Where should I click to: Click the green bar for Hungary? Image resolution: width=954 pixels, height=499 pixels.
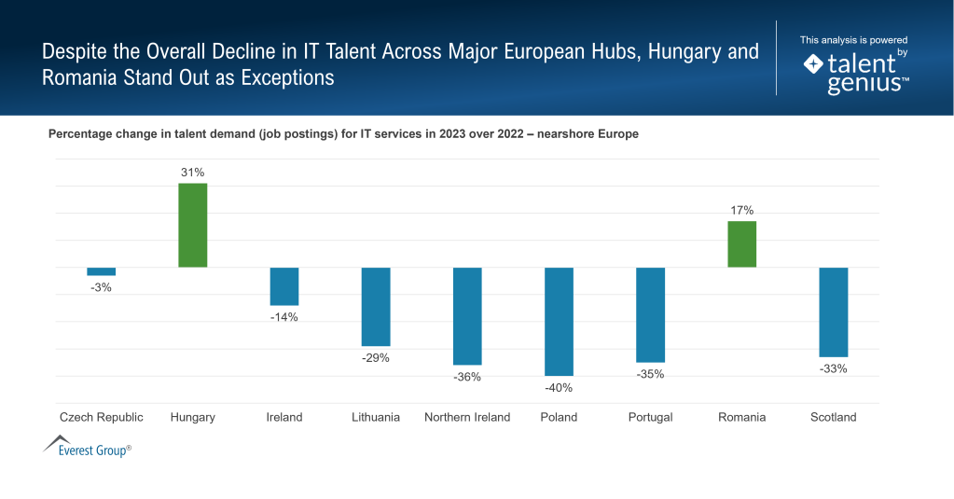[x=193, y=225]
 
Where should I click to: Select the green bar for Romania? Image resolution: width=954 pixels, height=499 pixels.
[x=741, y=243]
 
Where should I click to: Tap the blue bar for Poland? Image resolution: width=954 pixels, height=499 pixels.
[x=559, y=321]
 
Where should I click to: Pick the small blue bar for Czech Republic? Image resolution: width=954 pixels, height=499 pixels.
[x=102, y=271]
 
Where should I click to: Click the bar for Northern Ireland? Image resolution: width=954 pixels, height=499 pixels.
[x=467, y=315]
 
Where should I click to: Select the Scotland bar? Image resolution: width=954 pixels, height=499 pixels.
[x=833, y=312]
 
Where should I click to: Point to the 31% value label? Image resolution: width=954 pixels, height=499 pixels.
[x=193, y=173]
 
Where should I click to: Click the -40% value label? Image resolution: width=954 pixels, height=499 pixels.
[x=559, y=388]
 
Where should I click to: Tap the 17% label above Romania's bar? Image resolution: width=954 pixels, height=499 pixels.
[x=741, y=210]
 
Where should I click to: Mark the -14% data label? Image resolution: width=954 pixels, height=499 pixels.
[x=284, y=317]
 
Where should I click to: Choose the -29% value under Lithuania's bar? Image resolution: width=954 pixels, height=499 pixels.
[x=376, y=358]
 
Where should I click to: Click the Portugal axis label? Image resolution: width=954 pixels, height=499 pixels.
[x=650, y=417]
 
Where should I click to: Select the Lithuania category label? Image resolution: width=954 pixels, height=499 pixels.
[x=376, y=417]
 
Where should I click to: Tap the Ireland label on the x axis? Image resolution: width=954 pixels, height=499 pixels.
[x=284, y=417]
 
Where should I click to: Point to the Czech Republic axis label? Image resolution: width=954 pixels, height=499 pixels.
[x=102, y=417]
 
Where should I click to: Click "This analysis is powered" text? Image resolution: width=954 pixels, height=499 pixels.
[x=853, y=40]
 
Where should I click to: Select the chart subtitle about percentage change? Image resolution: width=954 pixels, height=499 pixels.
[x=343, y=134]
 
